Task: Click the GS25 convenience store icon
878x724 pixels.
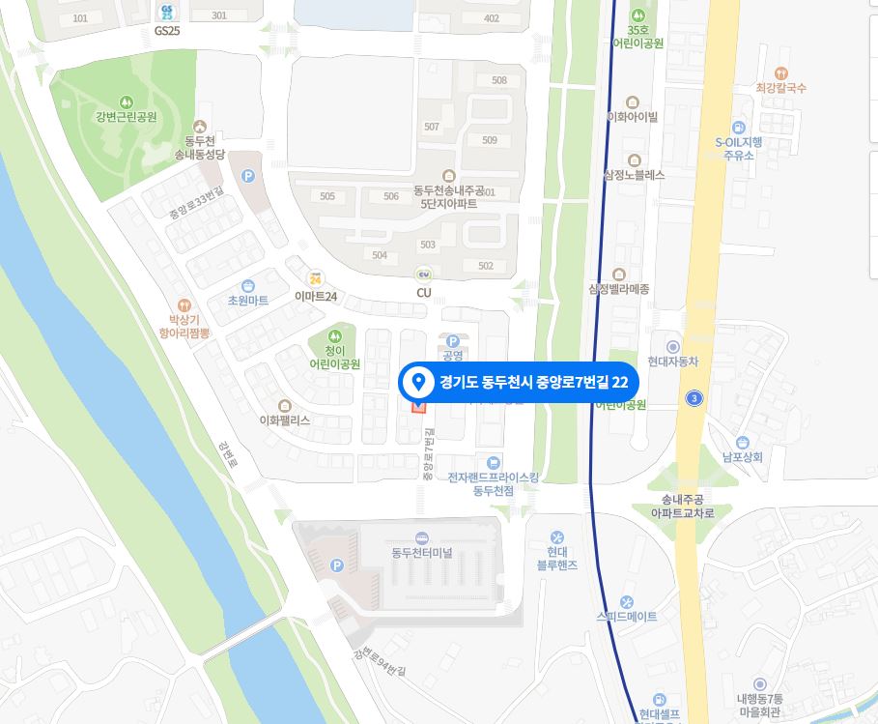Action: pos(167,11)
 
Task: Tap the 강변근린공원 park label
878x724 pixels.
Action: pos(126,117)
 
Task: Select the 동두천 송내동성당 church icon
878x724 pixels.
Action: pos(200,126)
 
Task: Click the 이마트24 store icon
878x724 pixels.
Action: pos(315,279)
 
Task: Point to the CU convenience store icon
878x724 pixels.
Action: pos(423,275)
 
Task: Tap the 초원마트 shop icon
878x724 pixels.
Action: pos(248,285)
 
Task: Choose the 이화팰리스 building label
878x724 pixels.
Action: pos(284,420)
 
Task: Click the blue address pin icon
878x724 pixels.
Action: pos(419,382)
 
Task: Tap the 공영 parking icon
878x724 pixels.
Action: pos(453,340)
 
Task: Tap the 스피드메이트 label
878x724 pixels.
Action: pos(626,616)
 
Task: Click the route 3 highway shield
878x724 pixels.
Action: pos(693,398)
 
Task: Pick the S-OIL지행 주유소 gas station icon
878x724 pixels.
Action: pos(739,128)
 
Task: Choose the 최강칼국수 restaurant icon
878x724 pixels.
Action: pos(781,72)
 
